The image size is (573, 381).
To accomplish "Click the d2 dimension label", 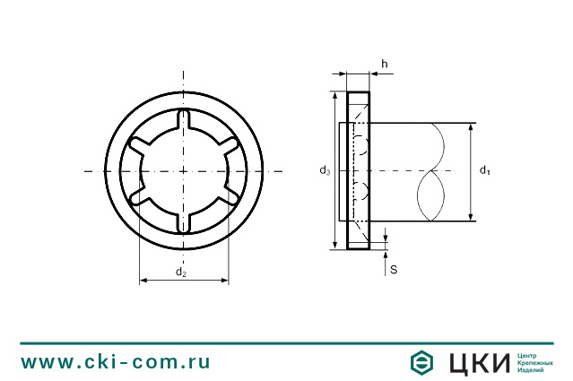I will (181, 272).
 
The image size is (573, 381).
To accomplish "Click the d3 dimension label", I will (326, 170).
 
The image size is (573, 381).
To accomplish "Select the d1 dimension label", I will (484, 170).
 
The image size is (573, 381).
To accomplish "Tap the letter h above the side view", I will (384, 64).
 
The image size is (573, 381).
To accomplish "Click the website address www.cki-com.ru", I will (116, 361).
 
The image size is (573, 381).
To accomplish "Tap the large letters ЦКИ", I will (473, 362).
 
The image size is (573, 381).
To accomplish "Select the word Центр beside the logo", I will (529, 354).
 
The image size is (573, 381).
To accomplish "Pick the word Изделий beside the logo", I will (532, 370).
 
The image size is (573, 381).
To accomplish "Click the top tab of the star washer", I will (184, 119).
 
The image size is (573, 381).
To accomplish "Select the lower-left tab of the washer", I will (138, 196).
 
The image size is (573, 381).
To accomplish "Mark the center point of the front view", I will (184, 171).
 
